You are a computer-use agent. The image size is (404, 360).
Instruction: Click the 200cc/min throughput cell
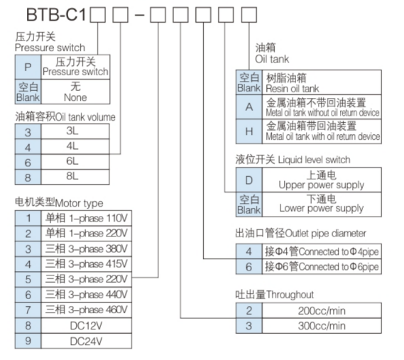[x=322, y=311]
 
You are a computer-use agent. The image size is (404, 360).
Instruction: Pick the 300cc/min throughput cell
[x=322, y=326]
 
